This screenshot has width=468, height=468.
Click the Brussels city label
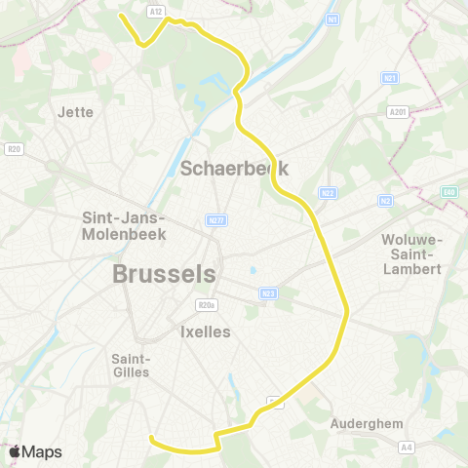[x=164, y=274]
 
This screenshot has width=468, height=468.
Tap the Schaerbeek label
[x=234, y=168]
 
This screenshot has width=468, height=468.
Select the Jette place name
[x=76, y=112]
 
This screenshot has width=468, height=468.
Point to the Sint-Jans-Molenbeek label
[x=124, y=226]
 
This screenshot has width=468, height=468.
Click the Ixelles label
[x=205, y=331]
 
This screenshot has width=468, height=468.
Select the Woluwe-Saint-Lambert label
[x=412, y=254]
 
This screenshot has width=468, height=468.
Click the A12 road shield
[x=157, y=11]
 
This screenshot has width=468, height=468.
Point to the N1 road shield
[x=332, y=19]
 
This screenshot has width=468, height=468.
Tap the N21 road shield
[x=391, y=78]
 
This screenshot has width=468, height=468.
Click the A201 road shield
[x=397, y=112]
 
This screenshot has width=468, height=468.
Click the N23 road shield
[x=269, y=293]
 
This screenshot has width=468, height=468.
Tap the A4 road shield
[x=407, y=447]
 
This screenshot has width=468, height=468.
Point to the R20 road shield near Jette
[x=14, y=149]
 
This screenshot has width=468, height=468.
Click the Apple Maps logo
[x=35, y=451]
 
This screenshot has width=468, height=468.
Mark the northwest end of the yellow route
[x=120, y=15]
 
